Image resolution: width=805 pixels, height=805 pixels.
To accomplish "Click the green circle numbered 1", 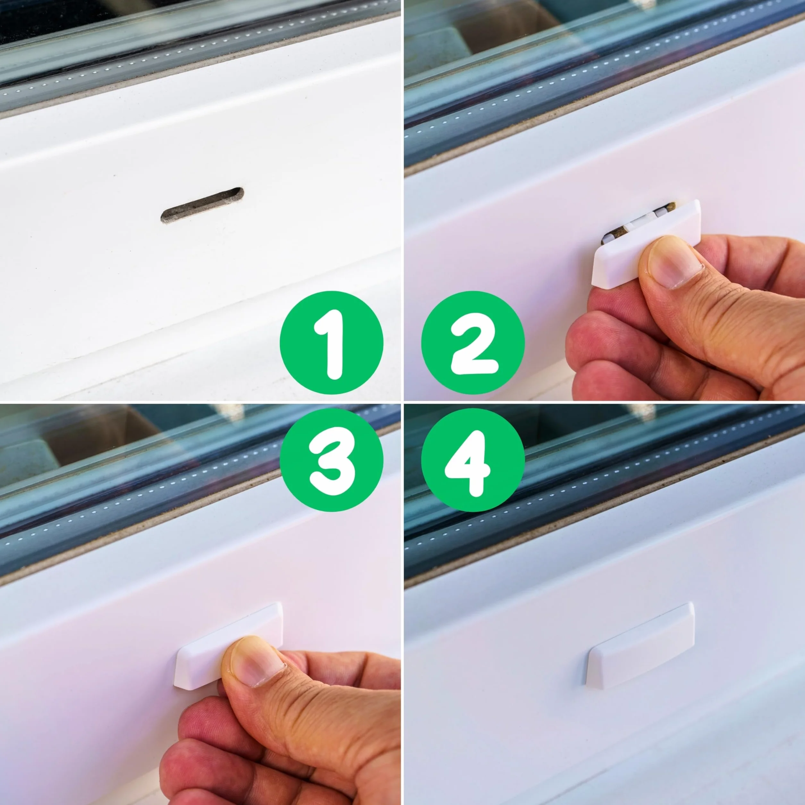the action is pos(332,343).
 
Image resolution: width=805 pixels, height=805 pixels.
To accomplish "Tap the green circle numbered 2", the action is pos(473,343).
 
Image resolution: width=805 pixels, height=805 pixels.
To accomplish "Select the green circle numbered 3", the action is pos(332,460).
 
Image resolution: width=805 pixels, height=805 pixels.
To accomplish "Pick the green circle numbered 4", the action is pos(473,460).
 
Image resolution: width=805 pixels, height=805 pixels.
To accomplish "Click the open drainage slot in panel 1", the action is pos(202,205).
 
